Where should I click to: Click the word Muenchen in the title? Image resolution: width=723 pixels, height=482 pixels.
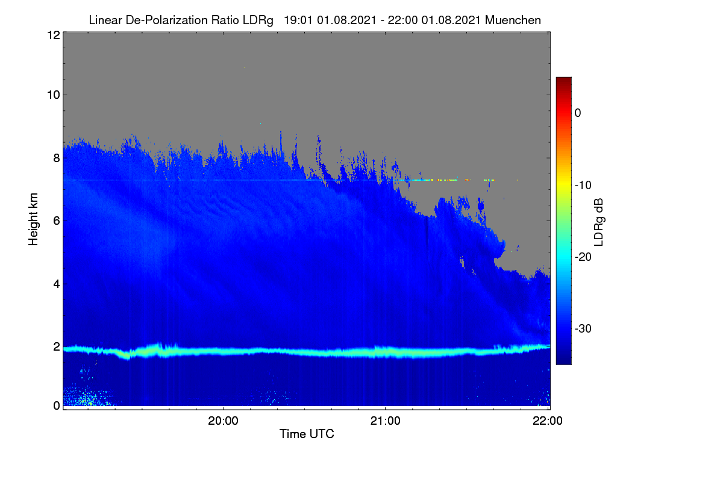pos(513,20)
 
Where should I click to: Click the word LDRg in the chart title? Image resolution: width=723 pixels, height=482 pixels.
pos(258,20)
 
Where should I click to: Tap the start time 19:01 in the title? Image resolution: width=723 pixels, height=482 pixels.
pos(298,20)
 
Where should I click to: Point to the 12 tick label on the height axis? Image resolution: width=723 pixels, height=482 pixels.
pos(54,35)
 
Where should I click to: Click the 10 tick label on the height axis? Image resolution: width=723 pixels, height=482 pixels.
pos(54,95)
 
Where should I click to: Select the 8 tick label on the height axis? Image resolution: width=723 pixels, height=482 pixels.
pos(57,158)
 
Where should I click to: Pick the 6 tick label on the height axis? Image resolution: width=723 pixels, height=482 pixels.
pos(57,221)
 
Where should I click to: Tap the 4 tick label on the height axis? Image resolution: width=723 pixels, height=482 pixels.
pos(57,284)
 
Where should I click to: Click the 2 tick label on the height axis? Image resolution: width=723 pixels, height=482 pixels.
pos(57,346)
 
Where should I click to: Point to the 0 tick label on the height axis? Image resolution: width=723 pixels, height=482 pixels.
pos(57,405)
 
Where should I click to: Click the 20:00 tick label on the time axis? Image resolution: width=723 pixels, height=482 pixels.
pos(223,421)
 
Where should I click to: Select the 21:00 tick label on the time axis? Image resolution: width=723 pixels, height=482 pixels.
pos(386,421)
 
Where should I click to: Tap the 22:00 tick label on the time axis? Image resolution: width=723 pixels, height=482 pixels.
pos(548,421)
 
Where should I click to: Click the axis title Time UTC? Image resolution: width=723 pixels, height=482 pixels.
pos(307,434)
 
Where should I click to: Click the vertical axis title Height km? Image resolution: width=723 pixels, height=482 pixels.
pos(33,219)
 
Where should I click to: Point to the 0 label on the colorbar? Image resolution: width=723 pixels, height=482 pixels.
pos(578,113)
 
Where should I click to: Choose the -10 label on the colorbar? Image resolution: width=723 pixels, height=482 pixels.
pos(583,186)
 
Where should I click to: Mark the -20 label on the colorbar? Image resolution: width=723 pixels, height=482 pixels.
pos(583,257)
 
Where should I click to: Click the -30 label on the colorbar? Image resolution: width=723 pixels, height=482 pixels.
pos(583,328)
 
